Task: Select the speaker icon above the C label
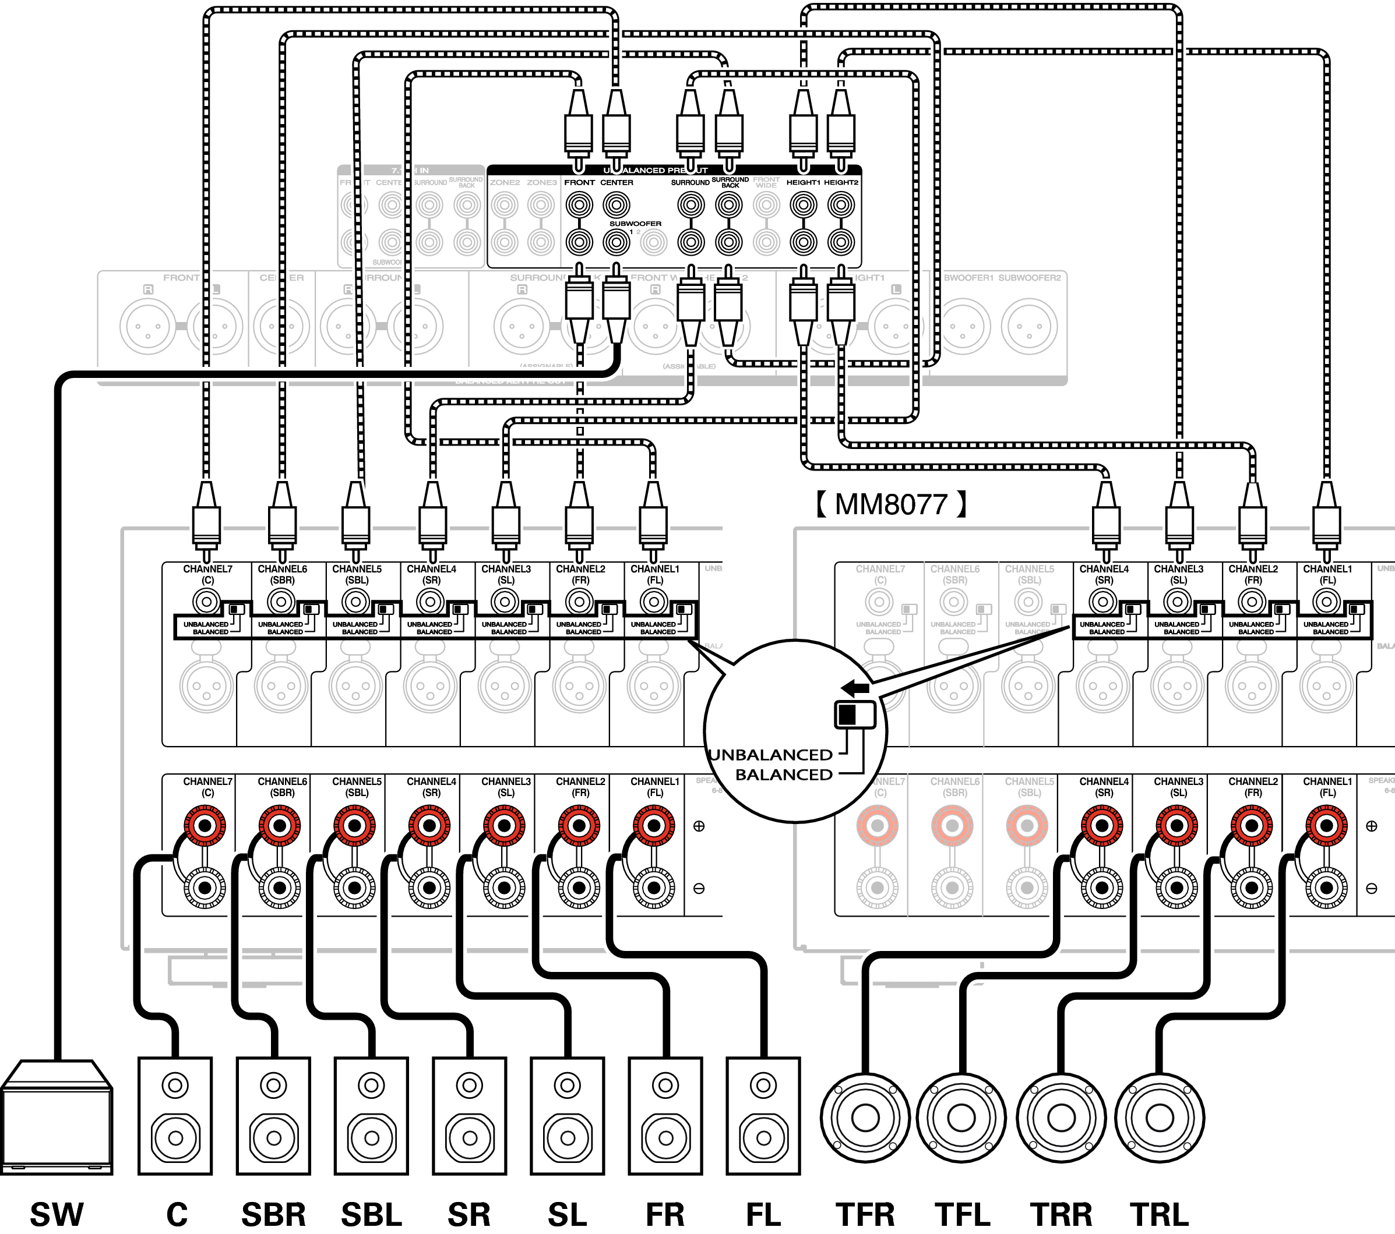point(175,1116)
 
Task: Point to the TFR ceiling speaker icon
point(865,1118)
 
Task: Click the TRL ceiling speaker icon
point(1160,1118)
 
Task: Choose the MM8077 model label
point(892,505)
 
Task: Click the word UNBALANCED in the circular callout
point(770,755)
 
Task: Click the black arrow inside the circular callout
point(855,688)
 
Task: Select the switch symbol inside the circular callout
point(854,714)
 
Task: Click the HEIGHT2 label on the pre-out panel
point(841,183)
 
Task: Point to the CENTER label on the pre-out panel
point(617,183)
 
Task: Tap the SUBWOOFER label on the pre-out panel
point(635,224)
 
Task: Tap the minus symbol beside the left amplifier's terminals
point(699,888)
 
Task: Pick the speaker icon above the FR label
point(665,1116)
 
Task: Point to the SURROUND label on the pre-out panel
point(690,183)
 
